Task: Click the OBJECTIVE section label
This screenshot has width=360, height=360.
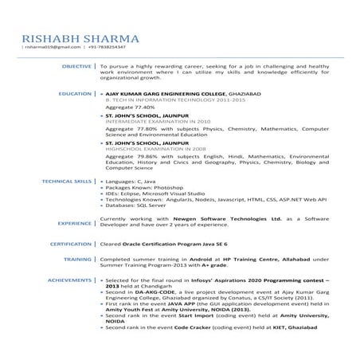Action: pos(76,65)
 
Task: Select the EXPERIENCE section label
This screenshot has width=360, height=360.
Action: pos(74,224)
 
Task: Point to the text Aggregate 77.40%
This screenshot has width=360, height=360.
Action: pos(131,106)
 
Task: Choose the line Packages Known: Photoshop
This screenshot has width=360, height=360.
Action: pos(146,190)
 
